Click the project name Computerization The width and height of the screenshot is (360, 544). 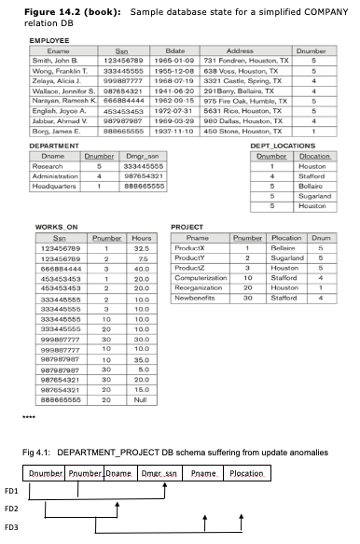pos(202,277)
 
